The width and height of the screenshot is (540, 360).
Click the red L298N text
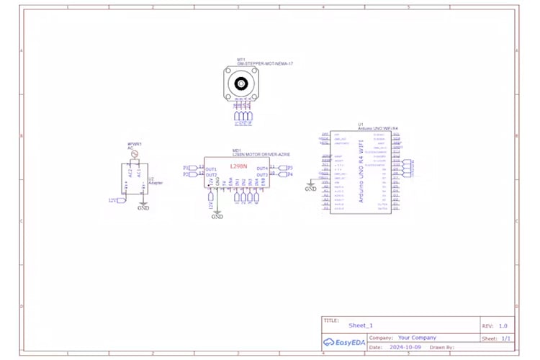(238, 166)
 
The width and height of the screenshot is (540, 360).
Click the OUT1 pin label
(211, 168)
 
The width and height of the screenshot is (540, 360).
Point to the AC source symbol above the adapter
(134, 153)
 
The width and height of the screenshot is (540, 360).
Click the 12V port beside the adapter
(114, 199)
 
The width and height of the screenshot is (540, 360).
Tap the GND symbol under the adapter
(143, 207)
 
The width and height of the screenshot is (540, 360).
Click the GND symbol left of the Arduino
(310, 188)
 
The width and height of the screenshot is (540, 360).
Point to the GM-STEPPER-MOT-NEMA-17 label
(264, 63)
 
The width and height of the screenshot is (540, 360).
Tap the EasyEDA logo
(343, 342)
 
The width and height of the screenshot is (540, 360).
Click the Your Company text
(417, 337)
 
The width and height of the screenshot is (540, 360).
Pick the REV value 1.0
(503, 325)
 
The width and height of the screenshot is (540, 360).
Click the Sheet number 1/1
(505, 337)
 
